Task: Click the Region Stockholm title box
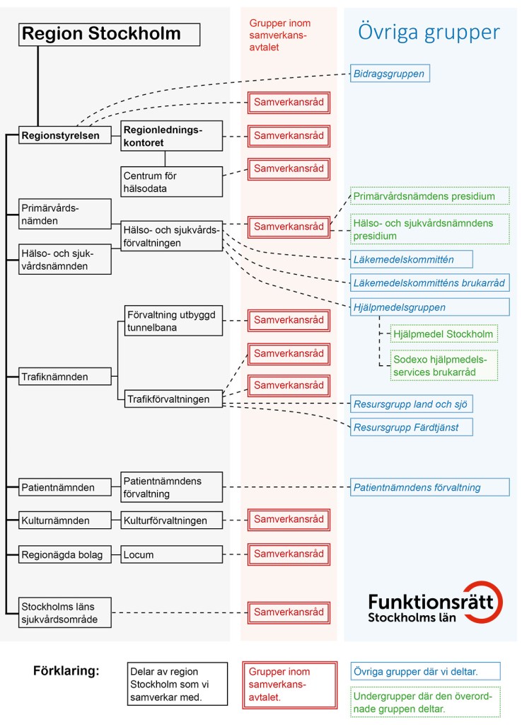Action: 110,34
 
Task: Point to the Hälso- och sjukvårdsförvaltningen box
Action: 171,235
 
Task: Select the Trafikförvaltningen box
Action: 171,399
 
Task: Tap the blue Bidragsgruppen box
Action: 390,73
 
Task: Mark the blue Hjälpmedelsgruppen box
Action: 430,307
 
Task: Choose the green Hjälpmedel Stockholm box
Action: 443,333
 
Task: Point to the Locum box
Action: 171,554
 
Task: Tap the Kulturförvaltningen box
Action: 171,520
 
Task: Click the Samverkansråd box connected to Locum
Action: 289,554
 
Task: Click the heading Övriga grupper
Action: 429,32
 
